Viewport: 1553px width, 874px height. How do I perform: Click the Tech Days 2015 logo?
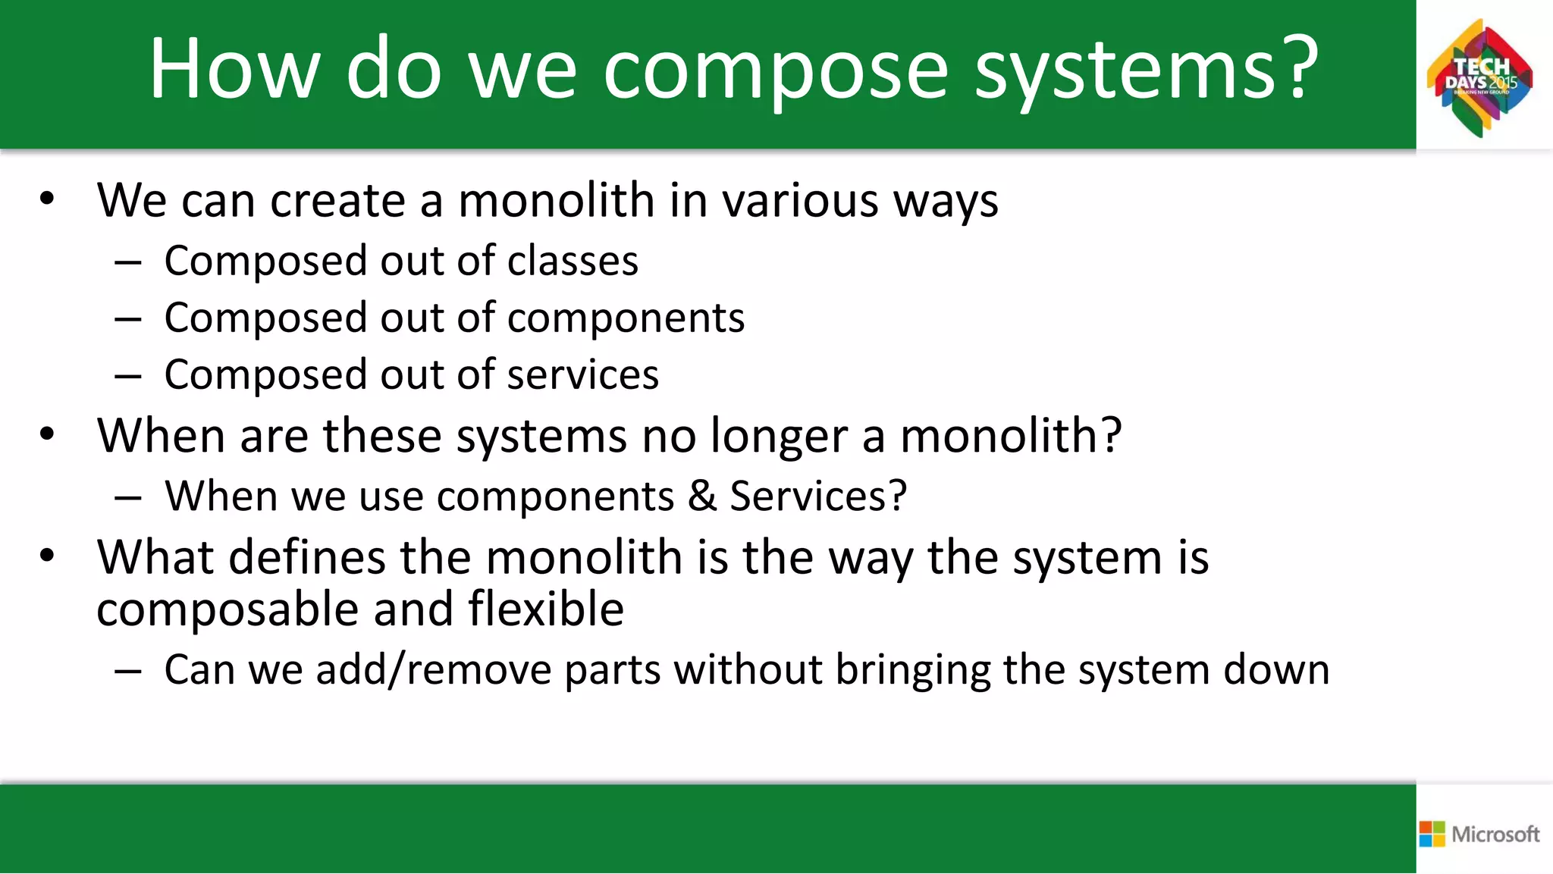(x=1480, y=78)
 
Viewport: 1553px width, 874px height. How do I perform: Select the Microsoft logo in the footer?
(x=1479, y=834)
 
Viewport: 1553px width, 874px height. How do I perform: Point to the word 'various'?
(x=800, y=201)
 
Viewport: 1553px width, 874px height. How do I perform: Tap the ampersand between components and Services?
(x=702, y=497)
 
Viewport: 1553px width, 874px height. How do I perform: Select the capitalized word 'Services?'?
(x=818, y=497)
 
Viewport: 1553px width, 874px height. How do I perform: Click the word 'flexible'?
(x=546, y=609)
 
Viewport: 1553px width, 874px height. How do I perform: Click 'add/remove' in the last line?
(x=433, y=670)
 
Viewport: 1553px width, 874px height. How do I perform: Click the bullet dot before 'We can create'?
(x=48, y=199)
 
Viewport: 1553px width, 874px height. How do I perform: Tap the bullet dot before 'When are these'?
(x=48, y=435)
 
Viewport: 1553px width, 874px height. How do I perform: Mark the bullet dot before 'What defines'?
(x=48, y=556)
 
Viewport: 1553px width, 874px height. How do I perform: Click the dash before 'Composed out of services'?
(x=128, y=376)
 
